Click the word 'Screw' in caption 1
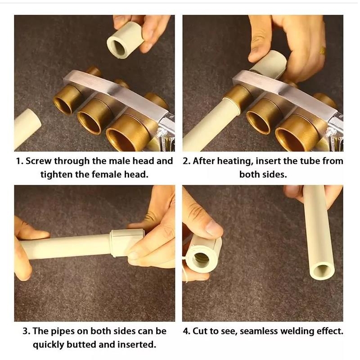pyautogui.click(x=38, y=161)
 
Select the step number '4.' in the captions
pyautogui.click(x=187, y=331)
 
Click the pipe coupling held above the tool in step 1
pyautogui.click(x=126, y=41)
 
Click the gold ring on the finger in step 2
pyautogui.click(x=323, y=50)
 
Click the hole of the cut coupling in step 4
pyautogui.click(x=201, y=260)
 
